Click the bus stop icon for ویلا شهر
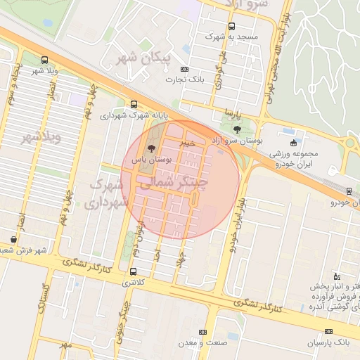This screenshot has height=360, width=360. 45,60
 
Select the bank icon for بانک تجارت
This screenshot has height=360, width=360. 184,69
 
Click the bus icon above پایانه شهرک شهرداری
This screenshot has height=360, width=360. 134,104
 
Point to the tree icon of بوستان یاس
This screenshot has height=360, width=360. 150,148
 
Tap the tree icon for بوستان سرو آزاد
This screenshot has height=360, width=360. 236,129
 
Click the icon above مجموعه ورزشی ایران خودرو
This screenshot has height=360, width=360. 293,143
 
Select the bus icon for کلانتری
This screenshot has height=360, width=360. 134,271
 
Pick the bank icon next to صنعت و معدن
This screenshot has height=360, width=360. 203,332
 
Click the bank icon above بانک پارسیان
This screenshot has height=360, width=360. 328,330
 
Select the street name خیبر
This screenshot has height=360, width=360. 186,143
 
